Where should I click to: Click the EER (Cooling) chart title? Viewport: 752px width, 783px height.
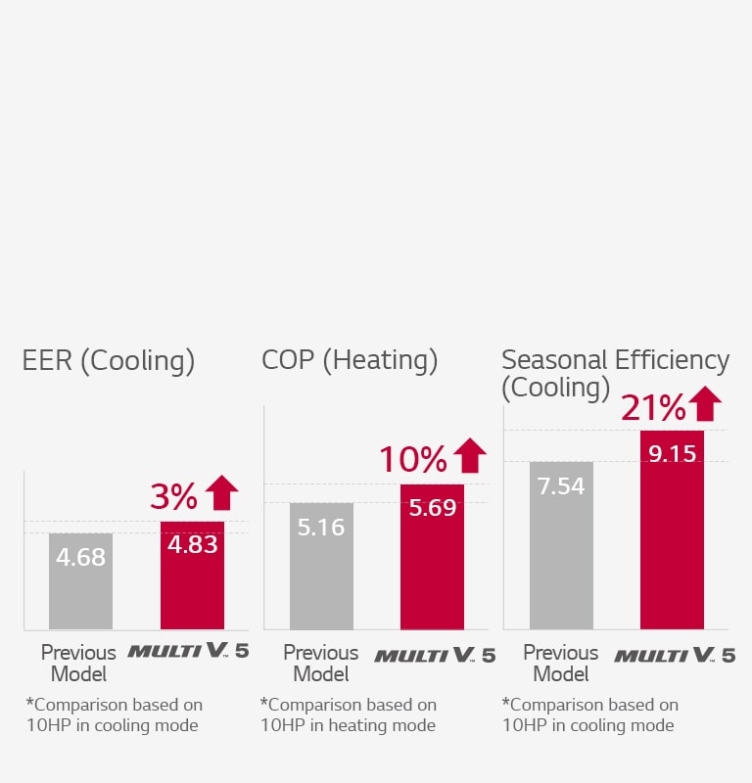click(109, 361)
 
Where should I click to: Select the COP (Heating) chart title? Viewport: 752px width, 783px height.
click(350, 361)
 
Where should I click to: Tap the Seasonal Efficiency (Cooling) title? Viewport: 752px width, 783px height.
click(615, 373)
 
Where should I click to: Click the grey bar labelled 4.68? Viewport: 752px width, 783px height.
click(80, 581)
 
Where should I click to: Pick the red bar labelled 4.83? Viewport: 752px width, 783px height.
click(192, 576)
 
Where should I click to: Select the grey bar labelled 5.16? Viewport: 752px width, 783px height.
click(321, 566)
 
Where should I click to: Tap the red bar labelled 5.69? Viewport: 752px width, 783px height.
click(432, 556)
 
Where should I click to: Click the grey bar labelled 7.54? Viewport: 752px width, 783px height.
click(561, 545)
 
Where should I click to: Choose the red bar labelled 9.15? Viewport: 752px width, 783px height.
click(672, 530)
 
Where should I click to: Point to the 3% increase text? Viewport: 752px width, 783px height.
click(174, 497)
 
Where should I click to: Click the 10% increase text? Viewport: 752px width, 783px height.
click(412, 459)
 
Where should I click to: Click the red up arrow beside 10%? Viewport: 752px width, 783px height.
click(470, 455)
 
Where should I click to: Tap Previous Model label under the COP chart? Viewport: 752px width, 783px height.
click(320, 663)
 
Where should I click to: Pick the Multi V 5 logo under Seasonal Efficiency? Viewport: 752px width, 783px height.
click(675, 655)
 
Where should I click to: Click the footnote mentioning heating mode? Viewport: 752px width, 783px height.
click(349, 714)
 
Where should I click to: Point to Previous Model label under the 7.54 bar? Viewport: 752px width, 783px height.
click(560, 663)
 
